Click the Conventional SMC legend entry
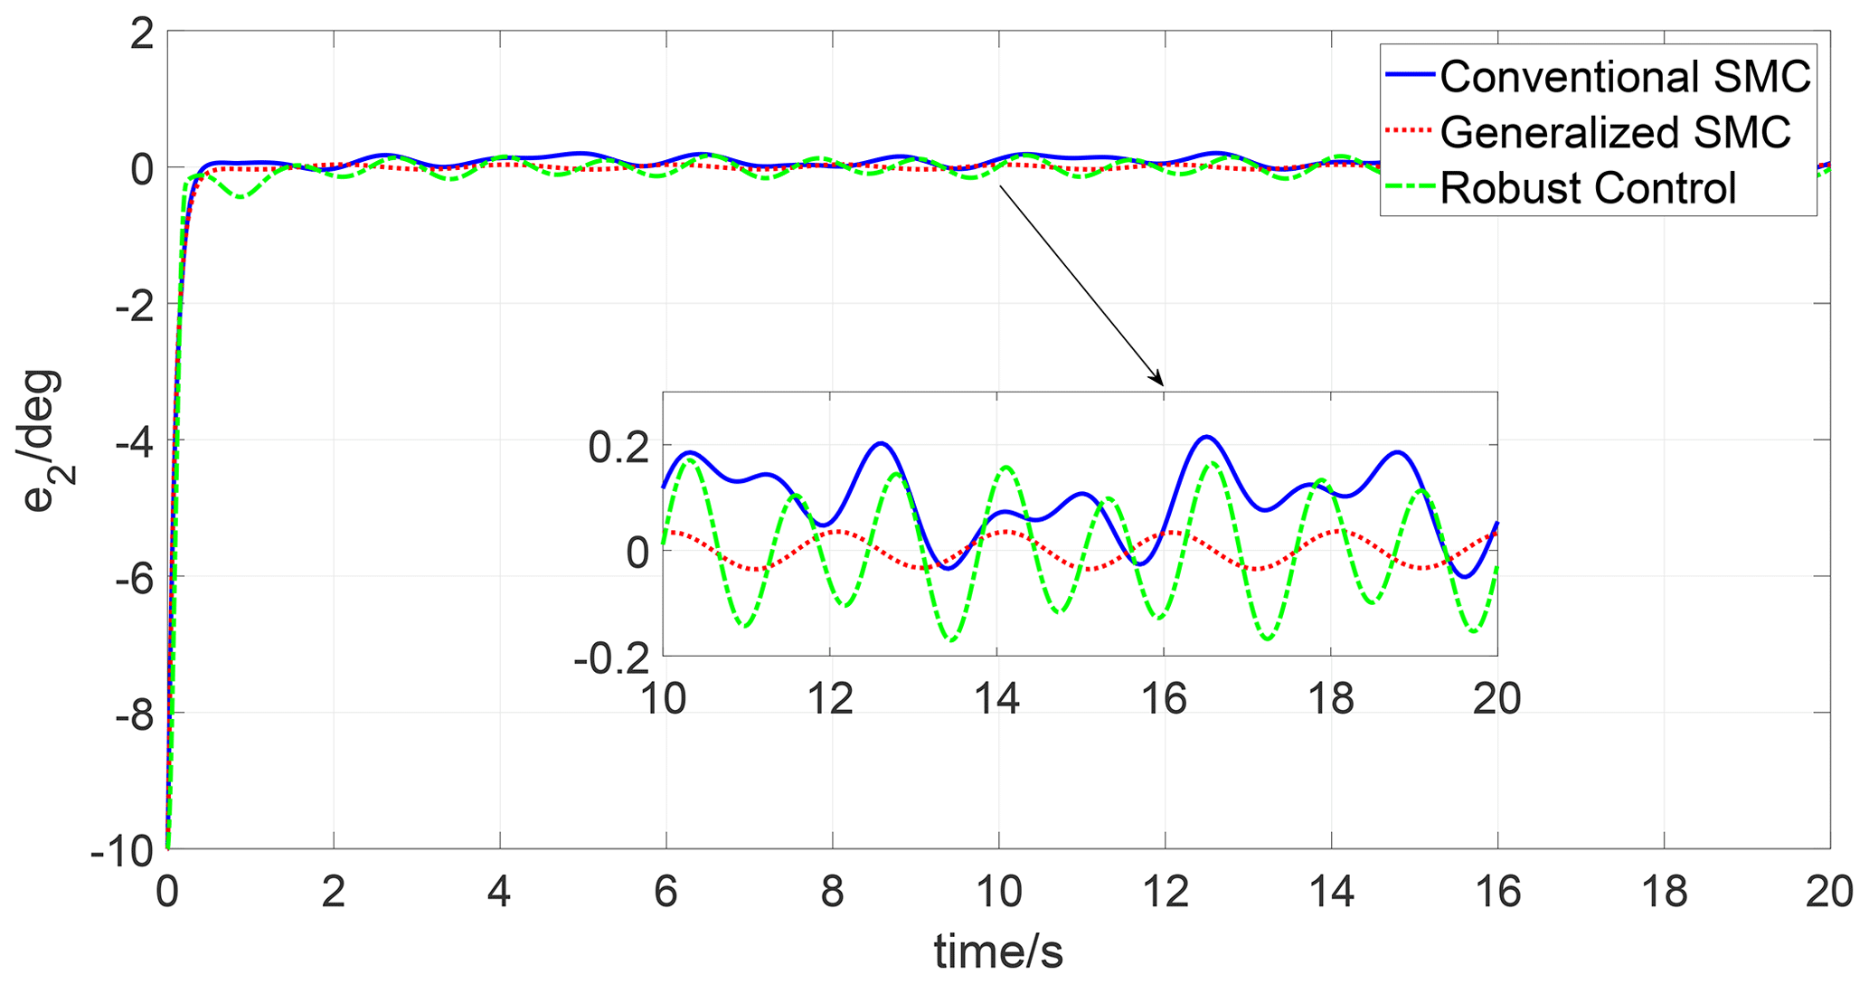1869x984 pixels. [1625, 77]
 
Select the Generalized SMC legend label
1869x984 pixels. [1615, 132]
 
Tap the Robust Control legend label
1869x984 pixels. [1588, 188]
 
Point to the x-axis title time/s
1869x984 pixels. [998, 952]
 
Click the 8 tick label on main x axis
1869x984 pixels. [832, 892]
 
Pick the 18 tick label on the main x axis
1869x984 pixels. [1664, 892]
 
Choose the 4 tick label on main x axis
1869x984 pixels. [499, 892]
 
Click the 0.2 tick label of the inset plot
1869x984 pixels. [618, 448]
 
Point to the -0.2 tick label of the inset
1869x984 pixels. [611, 658]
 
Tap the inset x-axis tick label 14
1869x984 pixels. [996, 698]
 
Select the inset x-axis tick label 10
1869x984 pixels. [664, 698]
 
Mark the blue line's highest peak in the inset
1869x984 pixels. [1205, 437]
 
